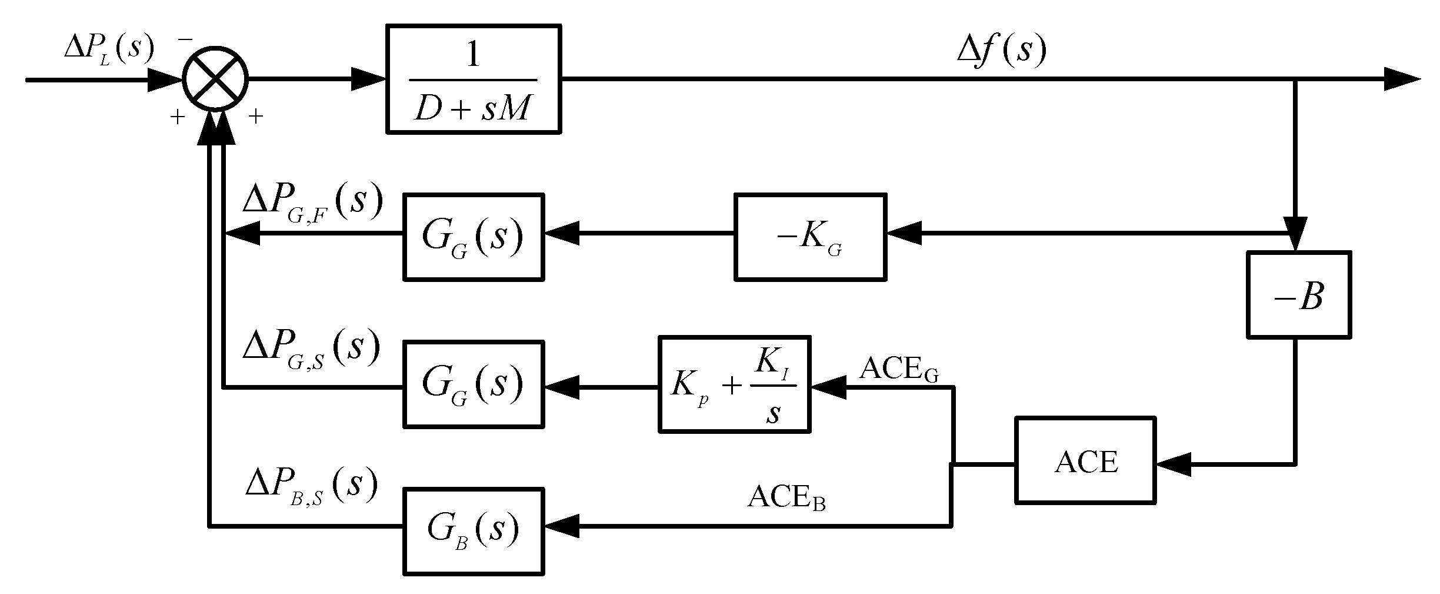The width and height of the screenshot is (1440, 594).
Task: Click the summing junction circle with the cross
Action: click(215, 78)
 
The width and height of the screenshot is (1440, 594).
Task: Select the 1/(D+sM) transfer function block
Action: click(473, 79)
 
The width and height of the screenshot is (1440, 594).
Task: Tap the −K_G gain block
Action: click(810, 237)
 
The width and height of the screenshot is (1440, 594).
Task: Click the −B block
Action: click(1298, 294)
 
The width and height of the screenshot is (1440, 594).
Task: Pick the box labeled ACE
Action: click(1085, 461)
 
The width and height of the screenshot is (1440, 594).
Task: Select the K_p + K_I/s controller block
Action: click(734, 385)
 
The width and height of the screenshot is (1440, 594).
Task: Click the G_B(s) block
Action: click(473, 531)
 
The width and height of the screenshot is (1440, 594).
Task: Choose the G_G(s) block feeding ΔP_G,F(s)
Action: click(473, 237)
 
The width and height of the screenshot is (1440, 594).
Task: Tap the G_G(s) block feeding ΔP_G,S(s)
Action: click(473, 384)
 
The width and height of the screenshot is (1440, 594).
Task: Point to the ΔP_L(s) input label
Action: click(109, 48)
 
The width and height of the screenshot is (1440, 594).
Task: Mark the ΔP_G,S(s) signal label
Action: click(311, 349)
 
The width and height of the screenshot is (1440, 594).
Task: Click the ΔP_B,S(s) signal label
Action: click(311, 487)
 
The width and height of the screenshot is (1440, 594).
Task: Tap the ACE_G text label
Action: click(899, 370)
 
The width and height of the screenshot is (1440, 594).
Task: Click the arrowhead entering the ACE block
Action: click(1172, 464)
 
